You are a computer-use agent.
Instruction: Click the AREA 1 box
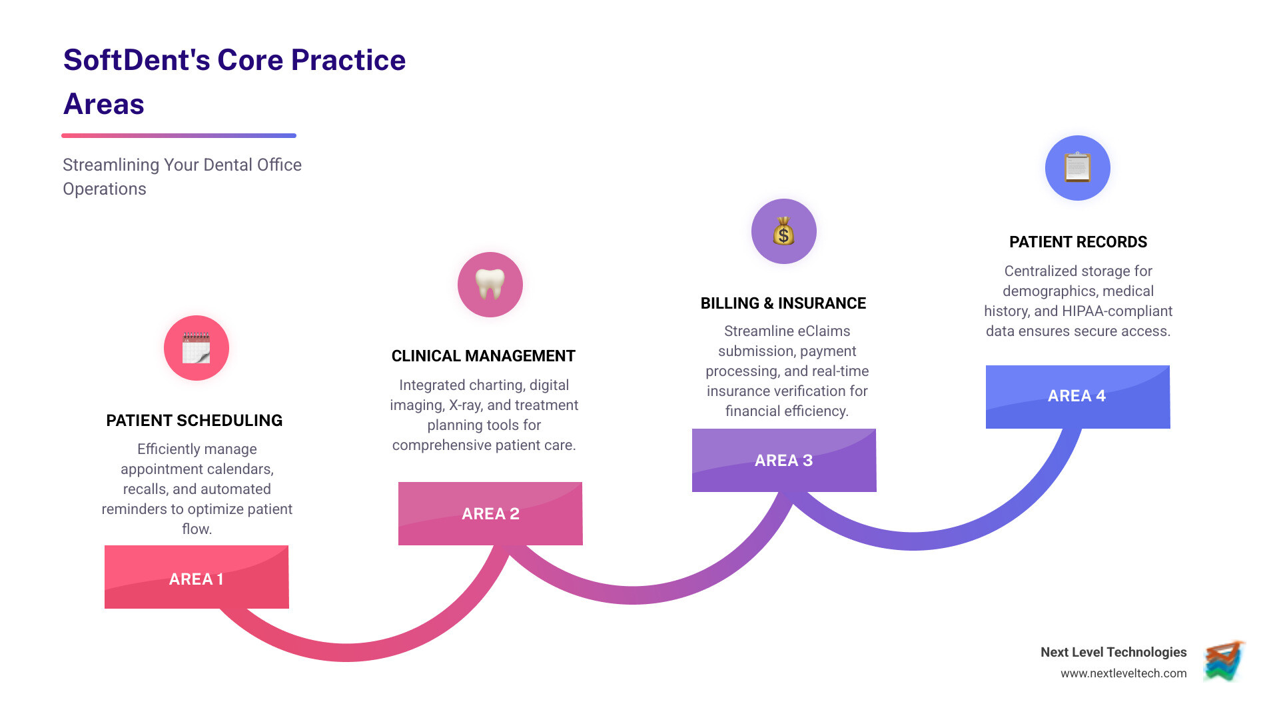pos(197,577)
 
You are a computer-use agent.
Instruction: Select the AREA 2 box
pos(490,513)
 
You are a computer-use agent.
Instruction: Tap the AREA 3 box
pos(784,460)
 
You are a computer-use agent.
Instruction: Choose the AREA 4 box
pos(1077,396)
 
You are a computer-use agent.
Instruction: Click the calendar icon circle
pos(197,348)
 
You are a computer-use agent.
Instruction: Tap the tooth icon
pos(490,285)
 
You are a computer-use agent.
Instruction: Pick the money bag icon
pos(784,231)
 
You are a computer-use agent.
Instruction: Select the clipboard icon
pos(1077,167)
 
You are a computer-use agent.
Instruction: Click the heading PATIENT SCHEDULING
pos(195,421)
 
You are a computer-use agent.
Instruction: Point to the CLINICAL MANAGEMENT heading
pos(484,356)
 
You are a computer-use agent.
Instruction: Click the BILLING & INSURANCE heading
pos(783,303)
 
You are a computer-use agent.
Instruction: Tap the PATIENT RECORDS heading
pos(1078,242)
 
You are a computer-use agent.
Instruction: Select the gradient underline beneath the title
pos(179,135)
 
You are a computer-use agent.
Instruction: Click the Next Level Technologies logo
pos(1224,661)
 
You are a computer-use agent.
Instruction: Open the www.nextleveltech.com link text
pos(1123,673)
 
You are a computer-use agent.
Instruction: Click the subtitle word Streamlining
pos(111,165)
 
